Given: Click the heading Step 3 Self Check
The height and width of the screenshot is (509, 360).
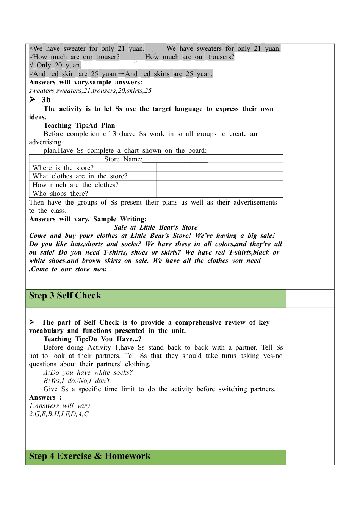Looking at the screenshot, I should (x=65, y=296).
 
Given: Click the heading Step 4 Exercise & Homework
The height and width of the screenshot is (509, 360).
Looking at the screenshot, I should (x=90, y=456).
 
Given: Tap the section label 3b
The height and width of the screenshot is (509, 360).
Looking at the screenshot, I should (x=46, y=100).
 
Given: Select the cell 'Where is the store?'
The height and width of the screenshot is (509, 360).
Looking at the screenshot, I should (x=63, y=168).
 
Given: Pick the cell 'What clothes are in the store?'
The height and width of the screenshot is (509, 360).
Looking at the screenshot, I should (x=80, y=176).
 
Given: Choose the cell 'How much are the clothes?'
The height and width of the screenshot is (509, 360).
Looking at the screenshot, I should (x=75, y=185).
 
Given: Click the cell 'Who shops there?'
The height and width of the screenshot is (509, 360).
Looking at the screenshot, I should (x=60, y=194).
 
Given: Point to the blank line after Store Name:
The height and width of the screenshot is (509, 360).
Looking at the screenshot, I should (x=175, y=159).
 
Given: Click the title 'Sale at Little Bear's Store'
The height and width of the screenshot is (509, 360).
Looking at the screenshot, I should (x=155, y=227).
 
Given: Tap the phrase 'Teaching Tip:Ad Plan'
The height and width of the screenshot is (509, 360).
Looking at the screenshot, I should (x=79, y=125).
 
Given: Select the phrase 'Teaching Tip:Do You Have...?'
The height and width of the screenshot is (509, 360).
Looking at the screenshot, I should (x=92, y=339).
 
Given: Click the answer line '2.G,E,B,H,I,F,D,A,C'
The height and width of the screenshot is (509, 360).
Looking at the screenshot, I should (x=59, y=414).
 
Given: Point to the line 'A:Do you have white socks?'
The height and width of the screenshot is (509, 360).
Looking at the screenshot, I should (x=88, y=372).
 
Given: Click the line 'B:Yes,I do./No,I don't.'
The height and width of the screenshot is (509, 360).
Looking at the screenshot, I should (x=77, y=381).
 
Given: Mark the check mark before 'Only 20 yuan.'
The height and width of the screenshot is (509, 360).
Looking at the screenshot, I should (x=31, y=65).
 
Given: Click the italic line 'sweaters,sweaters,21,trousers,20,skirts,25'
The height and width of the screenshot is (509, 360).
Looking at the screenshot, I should (x=90, y=91).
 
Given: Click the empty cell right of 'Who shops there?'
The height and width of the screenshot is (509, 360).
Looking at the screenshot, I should (x=219, y=194).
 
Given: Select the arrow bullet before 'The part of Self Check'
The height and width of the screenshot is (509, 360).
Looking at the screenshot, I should (x=32, y=322).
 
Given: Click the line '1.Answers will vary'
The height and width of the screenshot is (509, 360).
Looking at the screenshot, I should (x=59, y=406).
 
